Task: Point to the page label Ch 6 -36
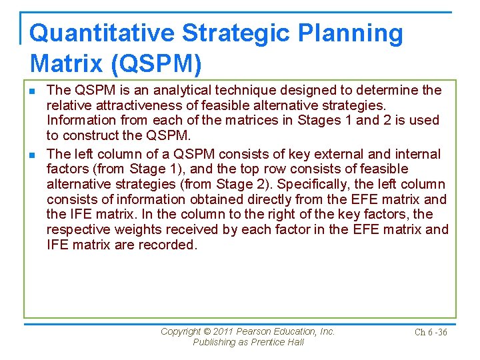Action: (430, 333)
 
